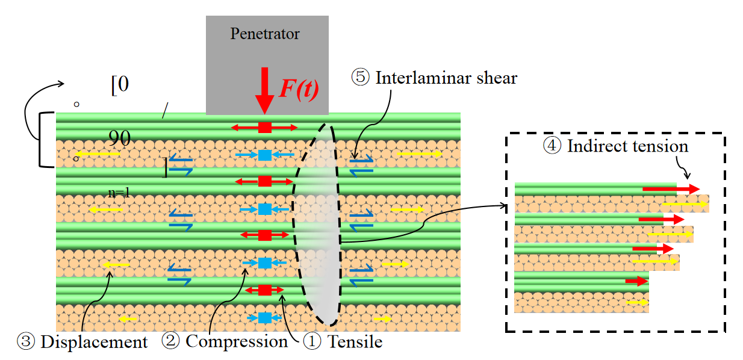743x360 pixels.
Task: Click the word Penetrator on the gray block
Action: [265, 34]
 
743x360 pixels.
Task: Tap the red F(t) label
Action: [299, 88]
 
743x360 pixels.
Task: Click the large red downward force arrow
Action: [264, 90]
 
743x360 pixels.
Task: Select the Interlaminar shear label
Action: [446, 78]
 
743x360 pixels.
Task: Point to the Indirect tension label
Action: [627, 146]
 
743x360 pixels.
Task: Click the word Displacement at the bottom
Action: [94, 343]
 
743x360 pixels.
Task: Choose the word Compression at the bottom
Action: [237, 341]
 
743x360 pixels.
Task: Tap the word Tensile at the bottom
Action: [355, 343]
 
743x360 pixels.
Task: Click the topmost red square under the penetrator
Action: [264, 127]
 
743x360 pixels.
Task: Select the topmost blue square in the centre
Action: [264, 155]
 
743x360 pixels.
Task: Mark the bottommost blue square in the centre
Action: [264, 317]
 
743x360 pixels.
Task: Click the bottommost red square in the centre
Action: [264, 290]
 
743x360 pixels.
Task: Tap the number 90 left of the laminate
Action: [120, 138]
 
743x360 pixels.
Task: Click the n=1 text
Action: [119, 193]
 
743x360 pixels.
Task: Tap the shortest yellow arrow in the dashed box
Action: [638, 302]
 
